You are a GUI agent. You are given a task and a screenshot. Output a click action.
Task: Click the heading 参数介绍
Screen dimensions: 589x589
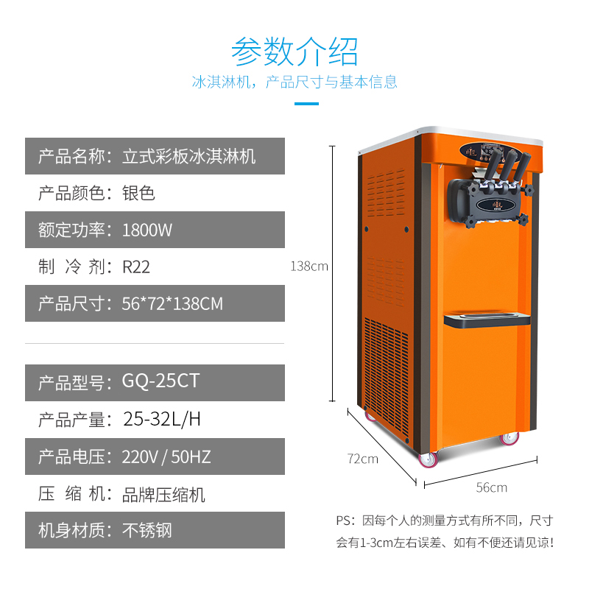pyautogui.click(x=294, y=51)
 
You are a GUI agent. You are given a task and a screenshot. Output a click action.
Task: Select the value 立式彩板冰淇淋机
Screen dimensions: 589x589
pyautogui.click(x=188, y=156)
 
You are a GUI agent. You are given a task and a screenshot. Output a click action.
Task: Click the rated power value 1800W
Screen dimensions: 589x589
pyautogui.click(x=147, y=230)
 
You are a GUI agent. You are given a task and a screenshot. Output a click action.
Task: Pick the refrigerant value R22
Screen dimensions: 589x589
pyautogui.click(x=136, y=267)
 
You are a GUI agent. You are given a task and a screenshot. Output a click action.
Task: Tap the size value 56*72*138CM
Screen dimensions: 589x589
pyautogui.click(x=172, y=303)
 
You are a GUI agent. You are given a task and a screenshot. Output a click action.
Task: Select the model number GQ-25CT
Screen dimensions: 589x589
pyautogui.click(x=161, y=382)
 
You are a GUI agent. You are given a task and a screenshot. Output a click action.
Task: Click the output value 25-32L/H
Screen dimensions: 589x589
pyautogui.click(x=161, y=420)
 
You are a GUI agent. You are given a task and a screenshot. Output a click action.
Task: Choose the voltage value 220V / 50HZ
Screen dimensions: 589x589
pyautogui.click(x=166, y=456)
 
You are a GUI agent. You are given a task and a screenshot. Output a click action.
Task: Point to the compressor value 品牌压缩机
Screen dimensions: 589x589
pyautogui.click(x=163, y=493)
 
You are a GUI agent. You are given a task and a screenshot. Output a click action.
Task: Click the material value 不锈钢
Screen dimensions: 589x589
pyautogui.click(x=147, y=530)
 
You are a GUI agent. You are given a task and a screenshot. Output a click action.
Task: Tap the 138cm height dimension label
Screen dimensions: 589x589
pyautogui.click(x=309, y=267)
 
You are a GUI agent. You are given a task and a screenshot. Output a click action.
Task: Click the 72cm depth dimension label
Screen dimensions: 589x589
pyautogui.click(x=363, y=459)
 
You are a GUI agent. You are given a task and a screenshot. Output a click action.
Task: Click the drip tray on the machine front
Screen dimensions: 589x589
pyautogui.click(x=487, y=318)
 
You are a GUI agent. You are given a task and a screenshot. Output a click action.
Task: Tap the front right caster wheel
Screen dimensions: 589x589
pyautogui.click(x=509, y=439)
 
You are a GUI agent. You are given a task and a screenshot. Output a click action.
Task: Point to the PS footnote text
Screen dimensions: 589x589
pyautogui.click(x=445, y=532)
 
